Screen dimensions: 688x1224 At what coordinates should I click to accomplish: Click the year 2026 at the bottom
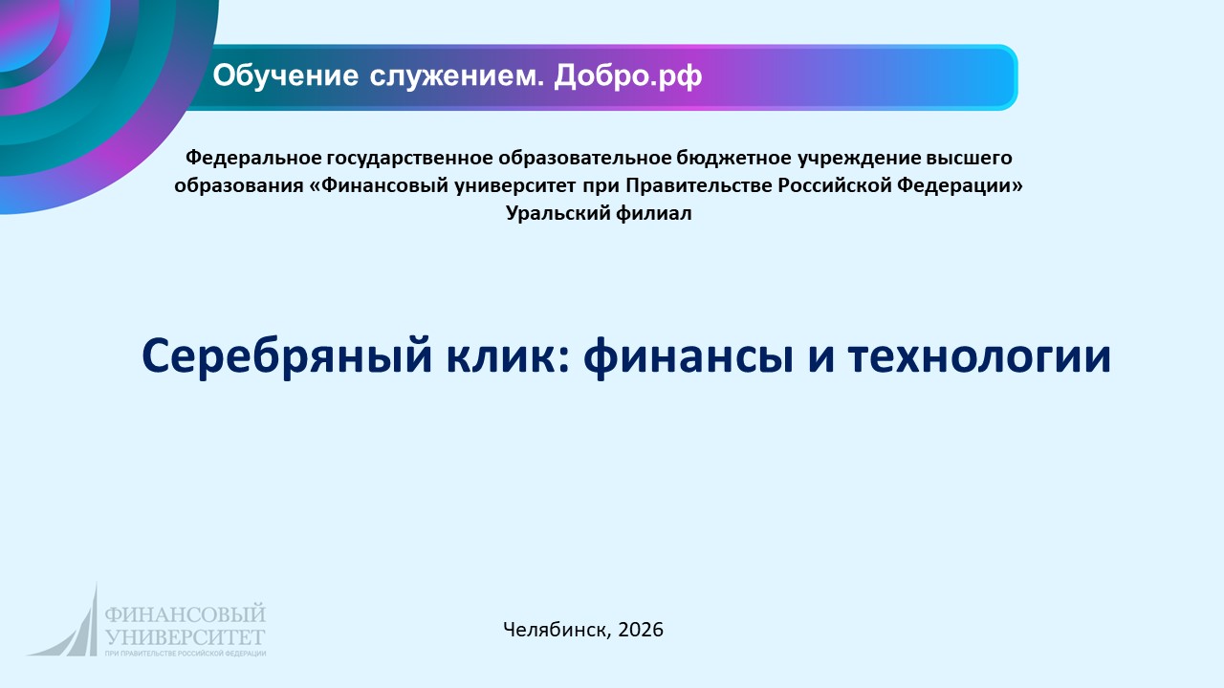641,629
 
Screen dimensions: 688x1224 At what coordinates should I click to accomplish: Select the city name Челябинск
556,629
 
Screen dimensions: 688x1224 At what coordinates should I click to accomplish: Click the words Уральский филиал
598,214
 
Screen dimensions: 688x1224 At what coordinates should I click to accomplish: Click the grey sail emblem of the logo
72,626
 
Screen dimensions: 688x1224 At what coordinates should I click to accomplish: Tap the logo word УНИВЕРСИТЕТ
186,634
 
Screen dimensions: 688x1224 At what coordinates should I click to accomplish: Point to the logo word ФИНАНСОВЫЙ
186,614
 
